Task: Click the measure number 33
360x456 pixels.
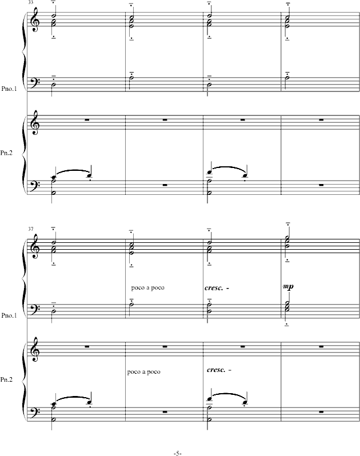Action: coord(30,3)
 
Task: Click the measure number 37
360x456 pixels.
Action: coord(30,229)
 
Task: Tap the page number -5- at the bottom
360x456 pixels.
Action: coord(177,453)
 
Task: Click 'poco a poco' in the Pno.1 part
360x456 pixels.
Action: coord(147,287)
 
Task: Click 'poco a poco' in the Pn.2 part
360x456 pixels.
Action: coord(144,372)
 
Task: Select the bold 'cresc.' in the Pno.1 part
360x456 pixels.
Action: coord(214,287)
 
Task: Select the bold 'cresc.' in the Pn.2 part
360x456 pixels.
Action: coord(218,370)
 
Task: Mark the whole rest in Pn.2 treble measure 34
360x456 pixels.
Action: coord(165,120)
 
